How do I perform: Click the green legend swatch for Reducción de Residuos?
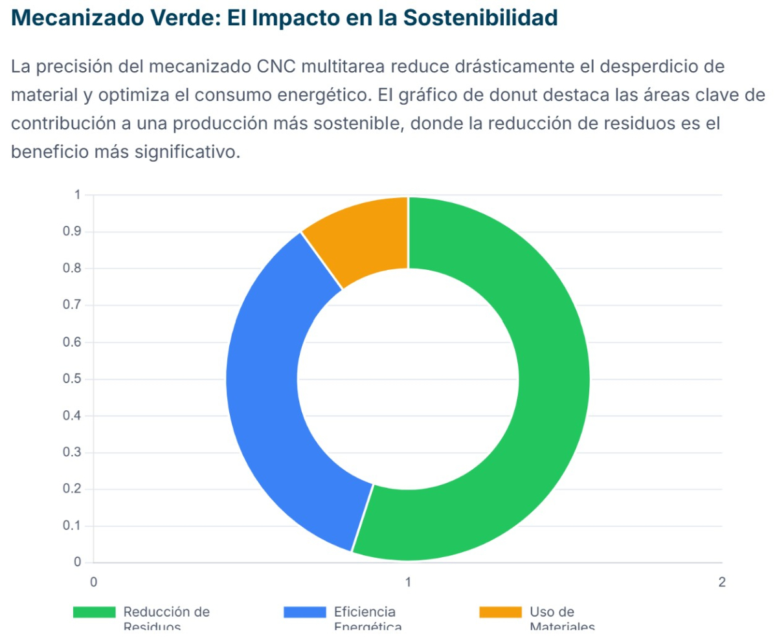click(x=94, y=612)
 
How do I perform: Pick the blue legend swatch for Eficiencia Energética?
click(x=304, y=612)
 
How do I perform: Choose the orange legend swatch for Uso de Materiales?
click(x=500, y=612)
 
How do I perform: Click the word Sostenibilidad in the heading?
click(x=480, y=18)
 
